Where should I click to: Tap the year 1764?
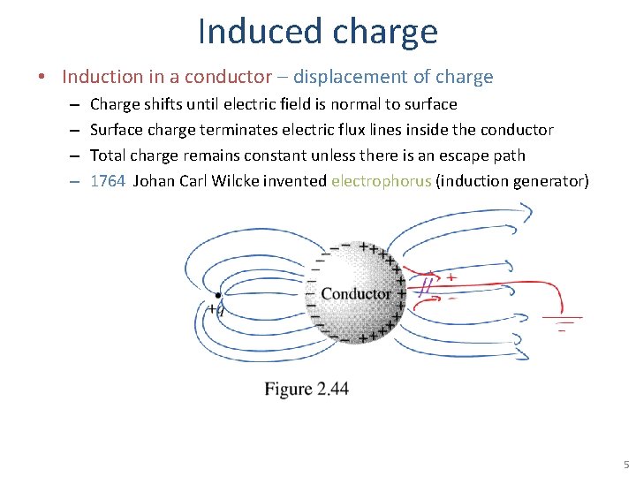108,181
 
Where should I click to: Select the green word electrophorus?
381,181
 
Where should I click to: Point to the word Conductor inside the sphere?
356,293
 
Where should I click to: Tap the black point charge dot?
218,295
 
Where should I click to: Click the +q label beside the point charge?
215,310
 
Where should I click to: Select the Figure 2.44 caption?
307,389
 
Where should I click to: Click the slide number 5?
625,465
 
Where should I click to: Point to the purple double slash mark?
427,283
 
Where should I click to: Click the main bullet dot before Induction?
42,78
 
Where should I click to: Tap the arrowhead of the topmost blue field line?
527,212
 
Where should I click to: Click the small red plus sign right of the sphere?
451,277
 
